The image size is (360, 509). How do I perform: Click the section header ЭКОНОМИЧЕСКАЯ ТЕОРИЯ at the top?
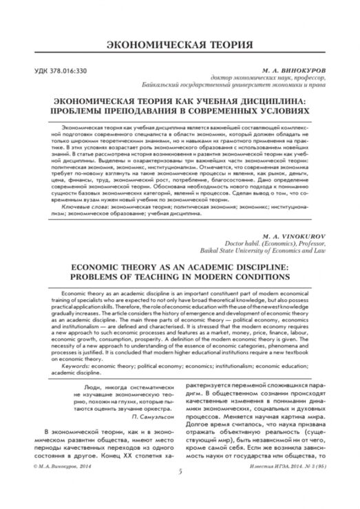pyautogui.click(x=180, y=45)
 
